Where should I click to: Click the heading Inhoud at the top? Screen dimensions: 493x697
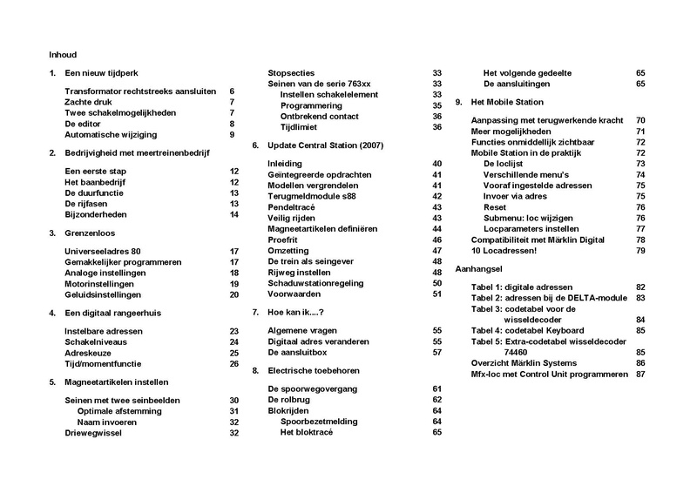[x=64, y=54]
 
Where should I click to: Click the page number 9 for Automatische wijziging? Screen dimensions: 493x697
[x=233, y=134]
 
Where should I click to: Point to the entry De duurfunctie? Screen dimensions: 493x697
[x=94, y=192]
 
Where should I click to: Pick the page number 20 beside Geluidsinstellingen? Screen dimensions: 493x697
[x=233, y=294]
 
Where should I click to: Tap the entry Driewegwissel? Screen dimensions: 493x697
[x=97, y=433]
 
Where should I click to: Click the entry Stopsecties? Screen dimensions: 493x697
[x=292, y=73]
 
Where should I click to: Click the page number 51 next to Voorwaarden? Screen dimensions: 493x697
[x=437, y=294]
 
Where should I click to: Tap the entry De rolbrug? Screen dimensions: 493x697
[x=290, y=399]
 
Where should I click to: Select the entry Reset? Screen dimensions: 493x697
[x=497, y=207]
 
